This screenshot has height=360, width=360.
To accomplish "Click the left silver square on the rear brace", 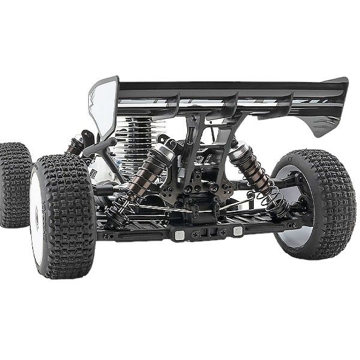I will tap(178, 235).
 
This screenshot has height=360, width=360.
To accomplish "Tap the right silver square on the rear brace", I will tap(238, 232).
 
